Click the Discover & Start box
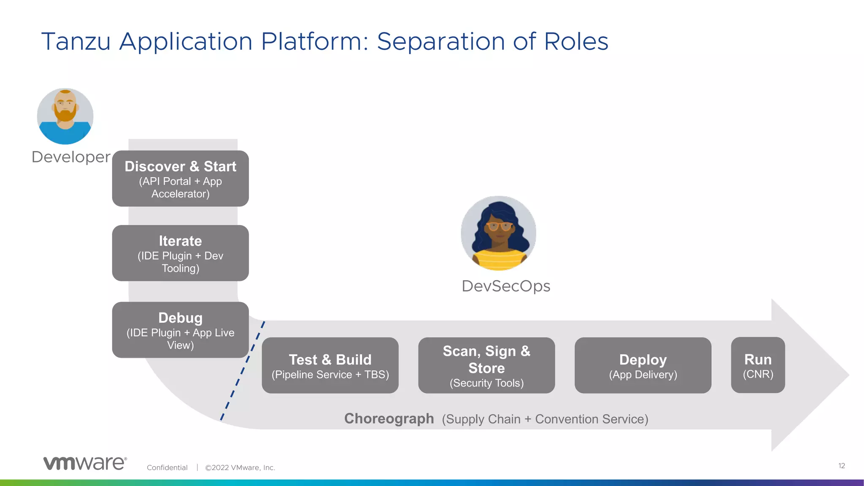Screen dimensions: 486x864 (x=180, y=178)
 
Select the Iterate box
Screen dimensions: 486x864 (x=180, y=253)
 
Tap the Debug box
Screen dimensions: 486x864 (x=180, y=330)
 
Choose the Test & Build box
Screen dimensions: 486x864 (x=330, y=365)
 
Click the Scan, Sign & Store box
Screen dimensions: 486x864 (x=486, y=365)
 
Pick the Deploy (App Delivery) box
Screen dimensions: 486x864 (x=643, y=365)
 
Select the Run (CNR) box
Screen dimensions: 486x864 (x=758, y=365)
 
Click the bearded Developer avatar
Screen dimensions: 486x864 (x=65, y=116)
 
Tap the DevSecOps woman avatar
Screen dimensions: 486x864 (x=499, y=233)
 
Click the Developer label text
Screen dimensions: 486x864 (x=71, y=157)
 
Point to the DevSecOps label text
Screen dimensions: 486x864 (x=506, y=286)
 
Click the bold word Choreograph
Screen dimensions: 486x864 (x=389, y=418)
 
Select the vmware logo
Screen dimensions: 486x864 (x=85, y=463)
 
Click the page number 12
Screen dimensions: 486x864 (x=841, y=466)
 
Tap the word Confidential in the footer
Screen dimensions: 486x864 (x=167, y=467)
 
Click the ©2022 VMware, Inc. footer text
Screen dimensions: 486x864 (x=240, y=467)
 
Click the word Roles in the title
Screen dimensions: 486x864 (x=576, y=41)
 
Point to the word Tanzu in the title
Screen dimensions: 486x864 (x=76, y=41)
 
